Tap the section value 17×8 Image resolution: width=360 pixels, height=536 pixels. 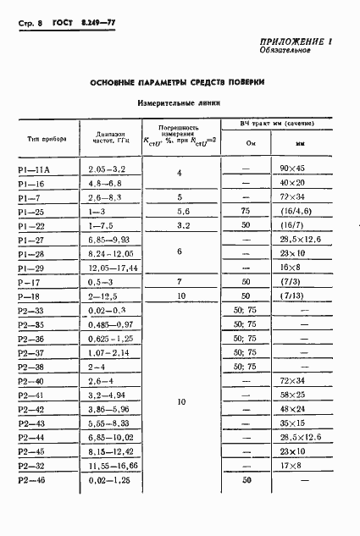[x=292, y=466]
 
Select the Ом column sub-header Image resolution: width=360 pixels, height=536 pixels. [x=250, y=143]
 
